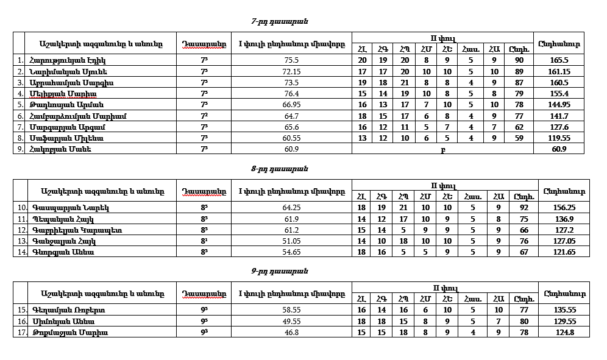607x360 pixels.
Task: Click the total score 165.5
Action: coord(558,60)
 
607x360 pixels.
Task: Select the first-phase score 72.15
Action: coord(291,71)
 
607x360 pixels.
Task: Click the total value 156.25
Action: coord(564,207)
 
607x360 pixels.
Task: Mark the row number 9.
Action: coord(20,149)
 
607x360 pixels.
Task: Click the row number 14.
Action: coord(20,252)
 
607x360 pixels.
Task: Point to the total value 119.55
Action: coord(558,138)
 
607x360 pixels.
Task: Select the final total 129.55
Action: coord(564,321)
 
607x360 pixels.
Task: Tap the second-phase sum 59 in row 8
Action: coord(519,138)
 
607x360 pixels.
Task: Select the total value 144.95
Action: coord(558,105)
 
